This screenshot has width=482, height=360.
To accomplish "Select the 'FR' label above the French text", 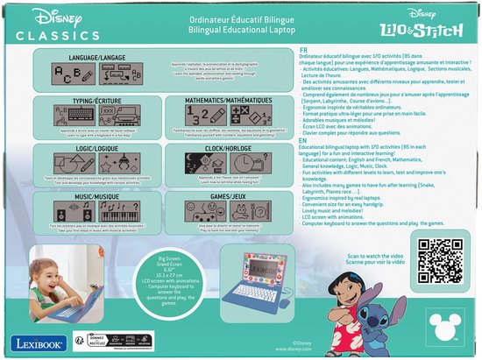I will pos(302,49).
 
